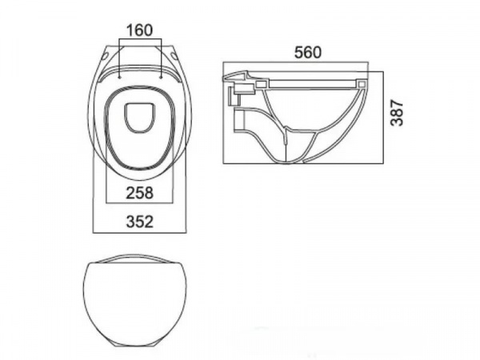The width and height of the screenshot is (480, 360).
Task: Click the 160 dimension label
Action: [x=139, y=30]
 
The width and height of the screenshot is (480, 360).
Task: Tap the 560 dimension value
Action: [x=308, y=52]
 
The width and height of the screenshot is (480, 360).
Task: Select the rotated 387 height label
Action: [x=397, y=112]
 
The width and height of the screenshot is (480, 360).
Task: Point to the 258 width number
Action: [x=139, y=193]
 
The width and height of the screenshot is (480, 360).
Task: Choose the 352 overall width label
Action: [x=139, y=222]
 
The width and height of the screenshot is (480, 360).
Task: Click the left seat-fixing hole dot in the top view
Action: [x=119, y=78]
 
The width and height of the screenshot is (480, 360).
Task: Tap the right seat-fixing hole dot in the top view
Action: [x=161, y=78]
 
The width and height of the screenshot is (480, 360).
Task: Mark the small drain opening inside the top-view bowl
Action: [x=139, y=118]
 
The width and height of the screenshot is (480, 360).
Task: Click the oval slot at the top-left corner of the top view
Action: [x=106, y=56]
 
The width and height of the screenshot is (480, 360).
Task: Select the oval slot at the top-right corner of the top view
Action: [x=174, y=55]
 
